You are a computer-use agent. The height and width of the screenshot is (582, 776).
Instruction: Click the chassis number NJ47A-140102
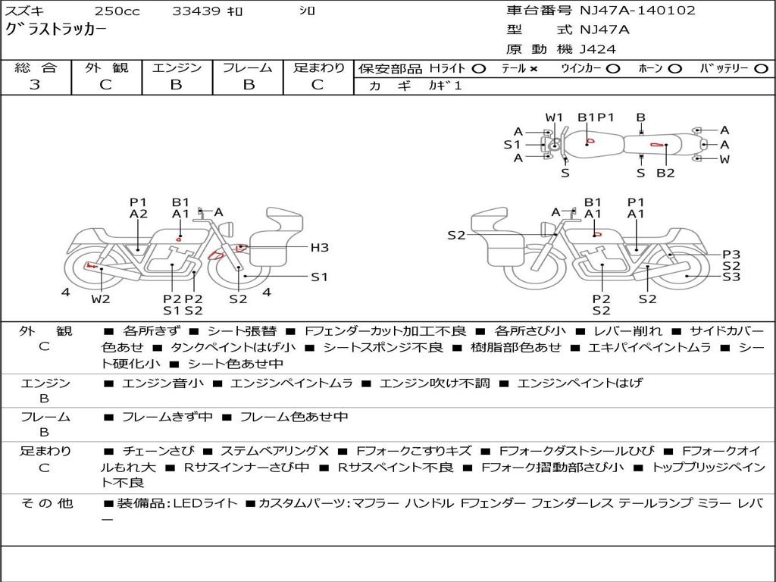coord(637,11)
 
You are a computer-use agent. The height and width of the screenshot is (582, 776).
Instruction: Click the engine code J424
coord(597,49)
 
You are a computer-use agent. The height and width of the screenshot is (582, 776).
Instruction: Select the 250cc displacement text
coord(117,11)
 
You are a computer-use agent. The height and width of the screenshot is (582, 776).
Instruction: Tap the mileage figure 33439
coord(196,11)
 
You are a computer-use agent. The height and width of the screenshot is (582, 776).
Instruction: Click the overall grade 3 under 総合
coord(35,84)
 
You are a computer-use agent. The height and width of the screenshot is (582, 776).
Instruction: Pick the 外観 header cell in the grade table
coord(106,67)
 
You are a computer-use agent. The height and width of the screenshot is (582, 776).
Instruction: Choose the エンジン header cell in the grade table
coord(177,67)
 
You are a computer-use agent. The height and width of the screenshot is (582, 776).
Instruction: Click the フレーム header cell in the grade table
coord(248,67)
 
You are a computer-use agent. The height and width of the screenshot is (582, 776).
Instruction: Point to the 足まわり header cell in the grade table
coord(319,67)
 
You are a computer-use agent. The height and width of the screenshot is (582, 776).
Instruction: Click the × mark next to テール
coord(533,69)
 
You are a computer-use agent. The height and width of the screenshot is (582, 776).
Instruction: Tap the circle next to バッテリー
coord(761,69)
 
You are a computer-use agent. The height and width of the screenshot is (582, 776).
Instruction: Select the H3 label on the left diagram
coord(320,248)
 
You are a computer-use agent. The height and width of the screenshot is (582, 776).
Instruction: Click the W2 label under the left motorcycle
coord(101,299)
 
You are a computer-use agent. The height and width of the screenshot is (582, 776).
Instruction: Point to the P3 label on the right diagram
coord(731,255)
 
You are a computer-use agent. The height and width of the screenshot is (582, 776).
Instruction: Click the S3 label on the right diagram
coord(731,277)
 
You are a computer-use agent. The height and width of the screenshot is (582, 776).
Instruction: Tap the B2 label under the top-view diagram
coord(665,174)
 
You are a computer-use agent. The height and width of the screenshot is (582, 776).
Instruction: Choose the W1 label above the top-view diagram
coord(554,117)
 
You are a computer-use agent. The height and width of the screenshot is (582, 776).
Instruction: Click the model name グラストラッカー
coord(55,30)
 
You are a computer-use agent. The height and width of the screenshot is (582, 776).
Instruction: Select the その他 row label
coord(46,503)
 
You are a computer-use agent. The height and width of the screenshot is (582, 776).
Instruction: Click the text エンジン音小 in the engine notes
coord(163,383)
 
